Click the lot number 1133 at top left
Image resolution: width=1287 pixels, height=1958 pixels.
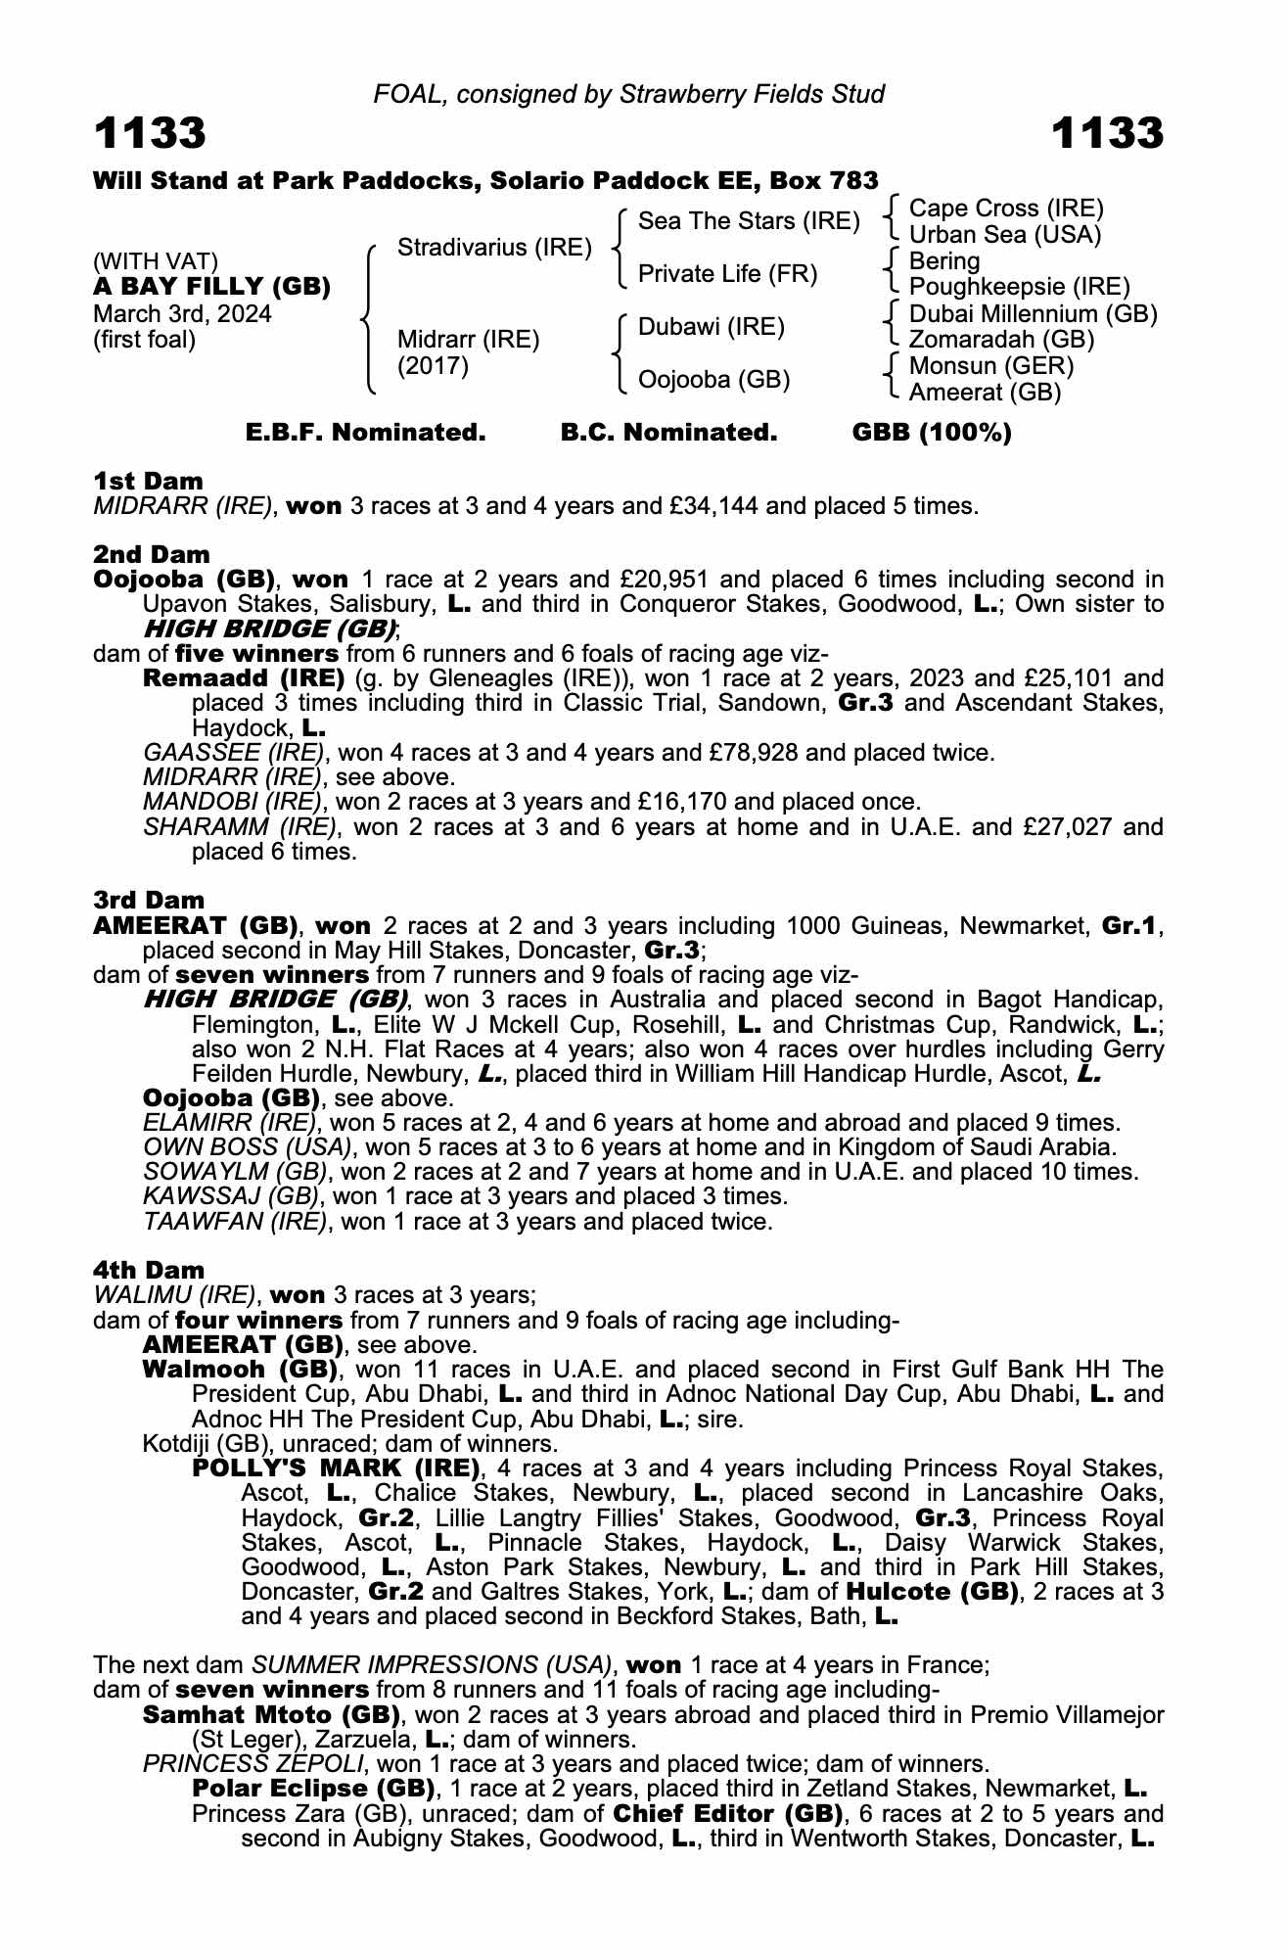click(x=150, y=133)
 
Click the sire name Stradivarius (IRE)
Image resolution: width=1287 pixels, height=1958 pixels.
click(x=494, y=247)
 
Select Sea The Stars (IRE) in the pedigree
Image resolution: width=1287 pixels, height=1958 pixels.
click(x=749, y=221)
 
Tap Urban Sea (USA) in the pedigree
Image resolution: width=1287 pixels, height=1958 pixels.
click(x=1005, y=235)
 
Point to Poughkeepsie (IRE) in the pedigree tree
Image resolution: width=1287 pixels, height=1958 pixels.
click(x=1019, y=287)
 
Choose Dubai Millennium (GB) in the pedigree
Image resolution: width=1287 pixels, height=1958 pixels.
click(x=1033, y=314)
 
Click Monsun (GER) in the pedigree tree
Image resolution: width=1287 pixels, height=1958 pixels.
click(x=991, y=366)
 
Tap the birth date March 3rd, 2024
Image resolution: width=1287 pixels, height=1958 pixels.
click(x=182, y=314)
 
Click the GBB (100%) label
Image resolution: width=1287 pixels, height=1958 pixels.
click(x=932, y=433)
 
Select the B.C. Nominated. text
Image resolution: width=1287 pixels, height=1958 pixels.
click(x=668, y=433)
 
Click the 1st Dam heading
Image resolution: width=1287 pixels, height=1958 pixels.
click(x=148, y=481)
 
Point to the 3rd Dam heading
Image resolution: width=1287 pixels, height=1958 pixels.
click(x=149, y=900)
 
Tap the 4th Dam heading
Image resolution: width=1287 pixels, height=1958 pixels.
click(x=149, y=1270)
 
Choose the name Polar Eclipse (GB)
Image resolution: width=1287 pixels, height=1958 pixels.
click(x=313, y=1789)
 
